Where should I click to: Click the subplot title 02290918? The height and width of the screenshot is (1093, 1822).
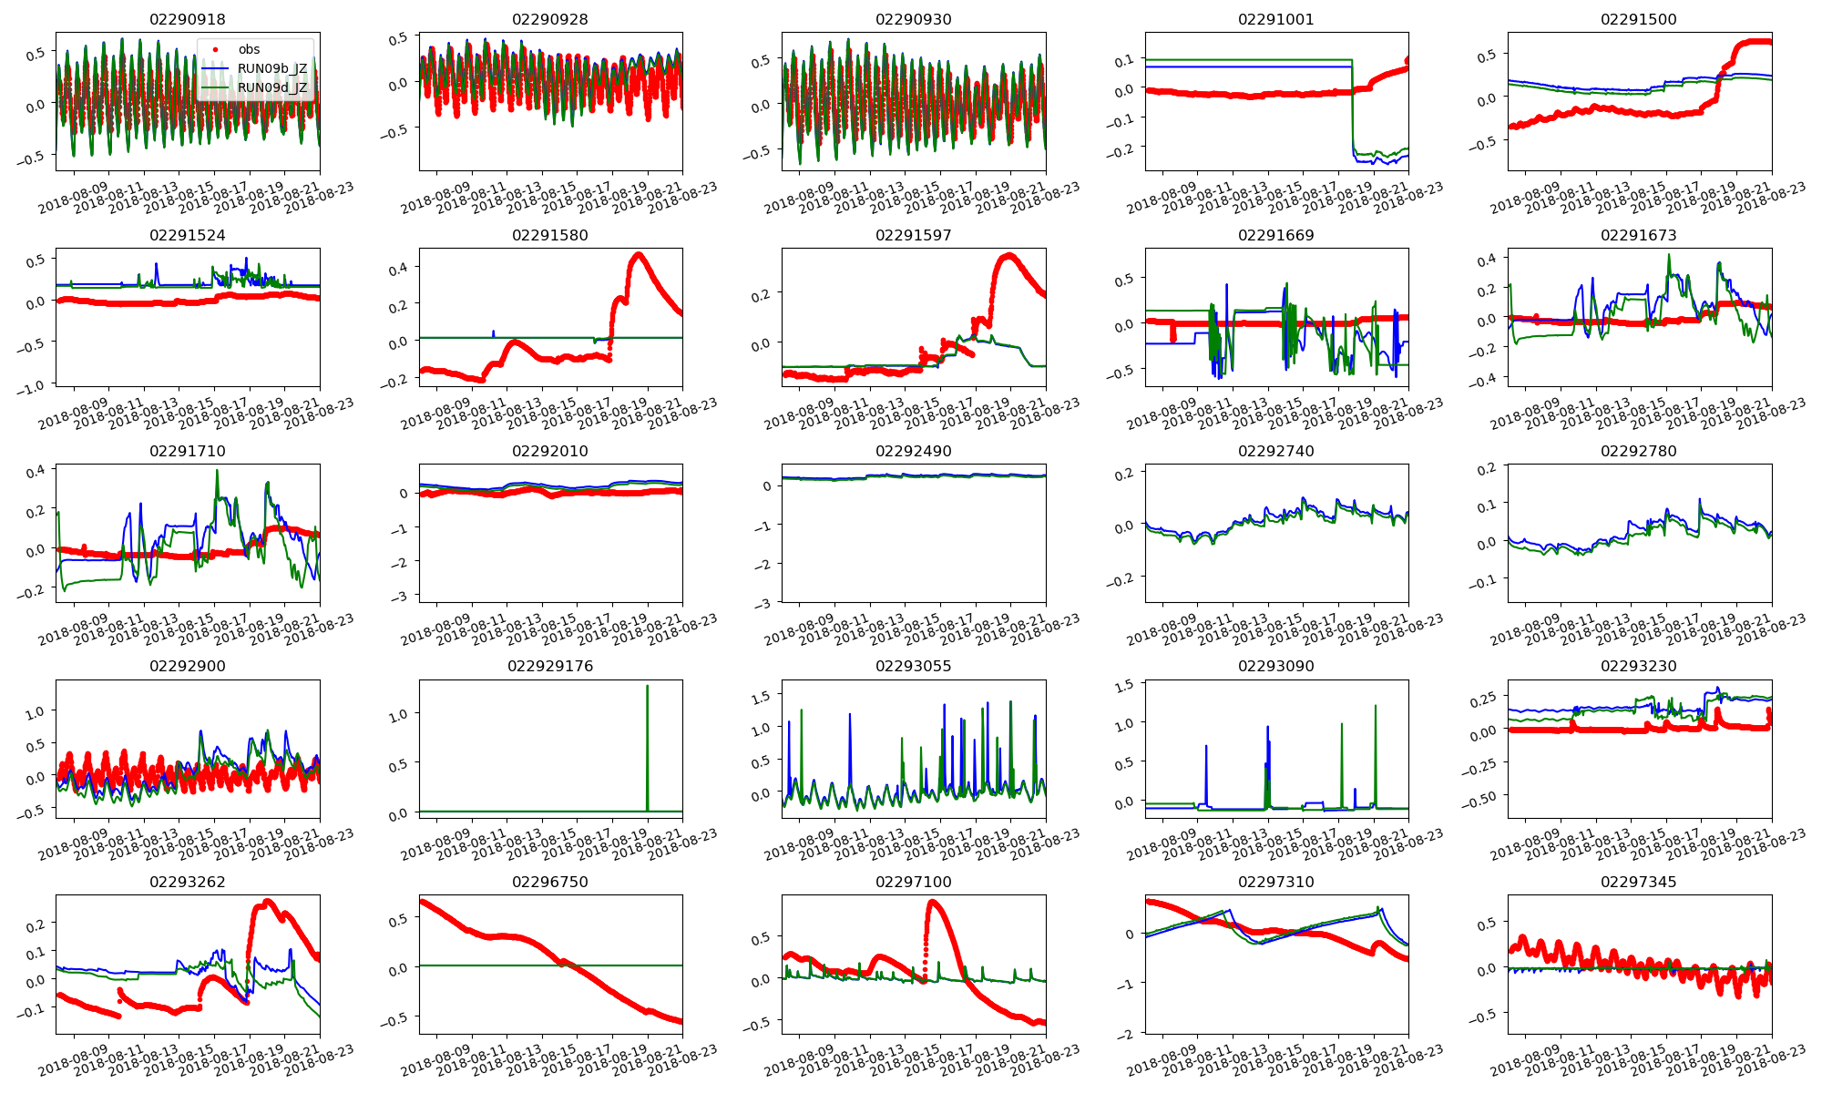coord(187,19)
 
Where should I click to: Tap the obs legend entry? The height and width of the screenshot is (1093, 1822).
coord(249,50)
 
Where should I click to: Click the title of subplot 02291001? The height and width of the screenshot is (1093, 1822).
coord(1275,19)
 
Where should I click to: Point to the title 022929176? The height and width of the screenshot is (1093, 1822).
coord(550,666)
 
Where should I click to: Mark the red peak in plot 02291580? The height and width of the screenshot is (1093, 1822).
coord(638,255)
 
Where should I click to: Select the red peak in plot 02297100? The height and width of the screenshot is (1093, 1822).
coord(933,903)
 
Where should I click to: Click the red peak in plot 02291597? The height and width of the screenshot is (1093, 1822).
coord(1008,256)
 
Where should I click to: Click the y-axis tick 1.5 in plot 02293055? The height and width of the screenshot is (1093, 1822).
coord(759,697)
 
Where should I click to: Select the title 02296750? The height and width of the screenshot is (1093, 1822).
coord(550,882)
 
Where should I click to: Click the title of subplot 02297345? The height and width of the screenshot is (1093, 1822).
coord(1638,882)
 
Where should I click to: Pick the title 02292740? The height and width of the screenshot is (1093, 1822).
coord(1275,451)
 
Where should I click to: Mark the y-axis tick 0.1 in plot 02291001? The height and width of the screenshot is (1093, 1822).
coord(1126,60)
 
